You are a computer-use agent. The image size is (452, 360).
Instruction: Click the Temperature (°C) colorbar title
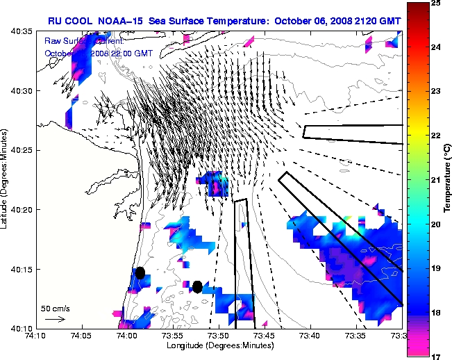click(448, 180)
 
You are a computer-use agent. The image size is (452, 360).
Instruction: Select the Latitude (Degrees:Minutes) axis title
click(6, 179)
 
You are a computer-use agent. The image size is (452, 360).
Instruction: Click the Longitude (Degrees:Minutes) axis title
click(219, 345)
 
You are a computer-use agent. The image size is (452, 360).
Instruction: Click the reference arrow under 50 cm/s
click(55, 319)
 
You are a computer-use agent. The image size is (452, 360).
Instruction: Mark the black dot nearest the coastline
click(140, 272)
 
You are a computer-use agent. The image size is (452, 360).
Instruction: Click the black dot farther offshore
click(198, 286)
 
